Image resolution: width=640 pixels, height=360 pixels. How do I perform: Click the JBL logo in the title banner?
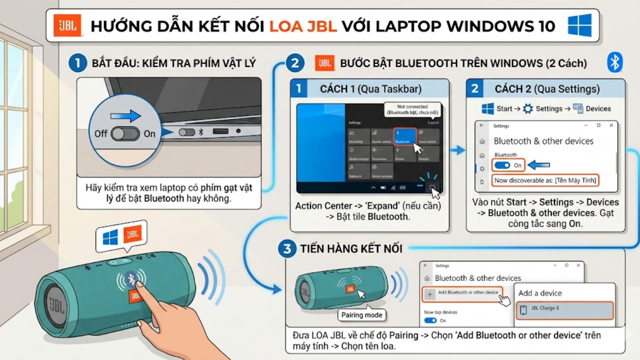[67, 26]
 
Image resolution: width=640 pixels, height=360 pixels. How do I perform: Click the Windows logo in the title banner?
[580, 25]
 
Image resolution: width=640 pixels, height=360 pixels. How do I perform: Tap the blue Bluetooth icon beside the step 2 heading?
[614, 62]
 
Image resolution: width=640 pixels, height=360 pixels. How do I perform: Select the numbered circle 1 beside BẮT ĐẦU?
[77, 63]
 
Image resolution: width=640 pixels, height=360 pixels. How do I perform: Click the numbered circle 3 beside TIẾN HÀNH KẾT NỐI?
[287, 249]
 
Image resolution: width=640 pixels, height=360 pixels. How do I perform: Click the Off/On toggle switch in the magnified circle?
[125, 134]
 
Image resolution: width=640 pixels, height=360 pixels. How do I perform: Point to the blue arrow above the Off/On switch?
[125, 116]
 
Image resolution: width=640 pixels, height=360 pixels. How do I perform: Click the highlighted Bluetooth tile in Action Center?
[404, 136]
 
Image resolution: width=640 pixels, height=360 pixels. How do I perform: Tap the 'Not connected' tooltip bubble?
[412, 110]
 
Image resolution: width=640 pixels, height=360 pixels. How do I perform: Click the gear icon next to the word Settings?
[528, 109]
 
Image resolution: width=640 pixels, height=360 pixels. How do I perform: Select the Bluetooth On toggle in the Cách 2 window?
[502, 165]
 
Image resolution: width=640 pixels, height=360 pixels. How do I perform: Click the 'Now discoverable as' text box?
[545, 180]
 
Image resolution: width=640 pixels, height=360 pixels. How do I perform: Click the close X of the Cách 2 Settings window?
[611, 125]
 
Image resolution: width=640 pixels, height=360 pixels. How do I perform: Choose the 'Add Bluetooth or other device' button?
[463, 293]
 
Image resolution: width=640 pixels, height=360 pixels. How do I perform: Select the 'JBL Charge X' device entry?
[564, 310]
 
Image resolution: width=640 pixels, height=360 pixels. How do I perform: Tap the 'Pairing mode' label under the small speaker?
[362, 315]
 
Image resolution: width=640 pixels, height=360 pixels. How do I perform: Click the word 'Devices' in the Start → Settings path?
[598, 109]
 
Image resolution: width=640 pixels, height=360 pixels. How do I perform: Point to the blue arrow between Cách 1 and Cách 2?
[457, 150]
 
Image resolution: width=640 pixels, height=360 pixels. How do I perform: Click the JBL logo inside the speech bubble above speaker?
[133, 235]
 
